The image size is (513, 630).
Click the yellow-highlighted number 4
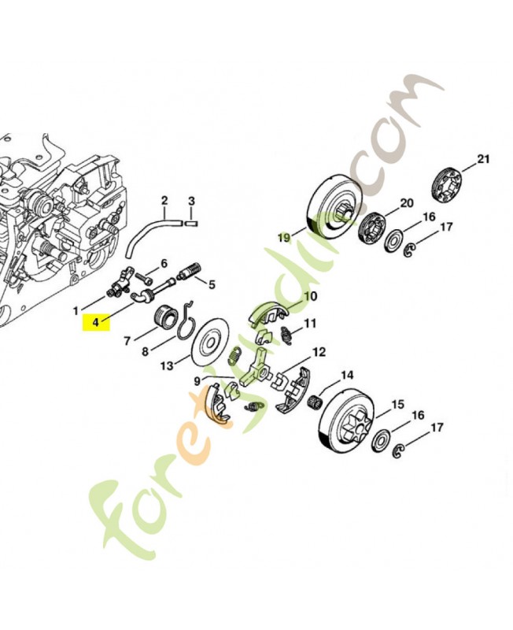(95, 322)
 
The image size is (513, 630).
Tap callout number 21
(483, 159)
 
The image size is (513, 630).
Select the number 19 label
(284, 238)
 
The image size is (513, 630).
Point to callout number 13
(167, 365)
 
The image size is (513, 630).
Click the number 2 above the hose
(164, 200)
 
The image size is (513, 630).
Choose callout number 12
(319, 352)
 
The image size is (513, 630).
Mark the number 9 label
(197, 381)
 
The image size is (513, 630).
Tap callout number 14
(347, 376)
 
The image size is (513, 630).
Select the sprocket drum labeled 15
(349, 422)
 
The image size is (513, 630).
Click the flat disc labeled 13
(211, 342)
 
